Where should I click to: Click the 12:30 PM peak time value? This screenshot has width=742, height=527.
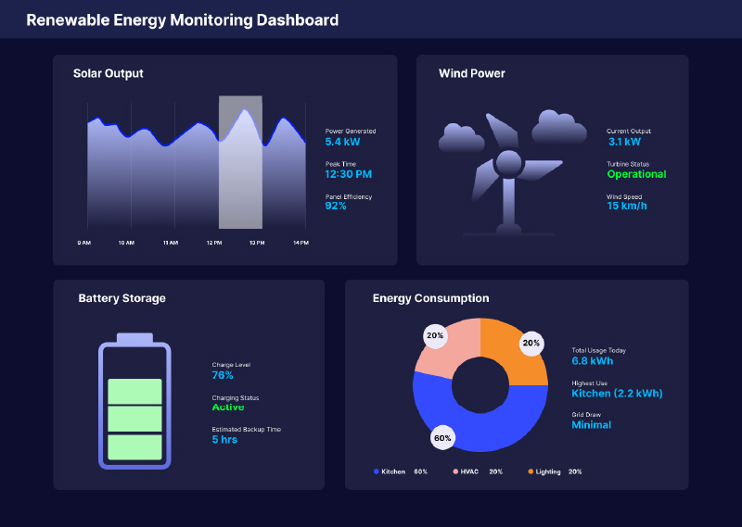click(x=348, y=174)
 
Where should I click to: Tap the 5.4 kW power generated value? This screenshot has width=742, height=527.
click(x=342, y=143)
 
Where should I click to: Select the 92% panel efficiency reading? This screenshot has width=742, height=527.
click(x=336, y=206)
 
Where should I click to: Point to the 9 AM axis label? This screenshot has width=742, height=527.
click(x=83, y=243)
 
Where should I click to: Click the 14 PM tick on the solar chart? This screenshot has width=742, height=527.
click(x=301, y=243)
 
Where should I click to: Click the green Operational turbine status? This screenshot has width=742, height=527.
click(x=636, y=174)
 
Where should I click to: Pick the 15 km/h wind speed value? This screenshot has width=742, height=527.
click(x=627, y=206)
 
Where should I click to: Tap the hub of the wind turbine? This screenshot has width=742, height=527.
click(x=507, y=165)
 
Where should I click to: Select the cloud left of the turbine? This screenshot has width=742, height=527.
click(x=462, y=139)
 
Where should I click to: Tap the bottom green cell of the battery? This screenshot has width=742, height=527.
click(x=135, y=447)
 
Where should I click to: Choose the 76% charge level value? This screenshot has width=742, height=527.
click(x=223, y=375)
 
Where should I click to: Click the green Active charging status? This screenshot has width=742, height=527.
click(x=228, y=407)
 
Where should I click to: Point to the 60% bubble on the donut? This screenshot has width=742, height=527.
click(x=442, y=437)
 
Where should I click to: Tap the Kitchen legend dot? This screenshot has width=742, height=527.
click(x=377, y=471)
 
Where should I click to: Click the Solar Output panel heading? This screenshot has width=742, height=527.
click(x=109, y=73)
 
